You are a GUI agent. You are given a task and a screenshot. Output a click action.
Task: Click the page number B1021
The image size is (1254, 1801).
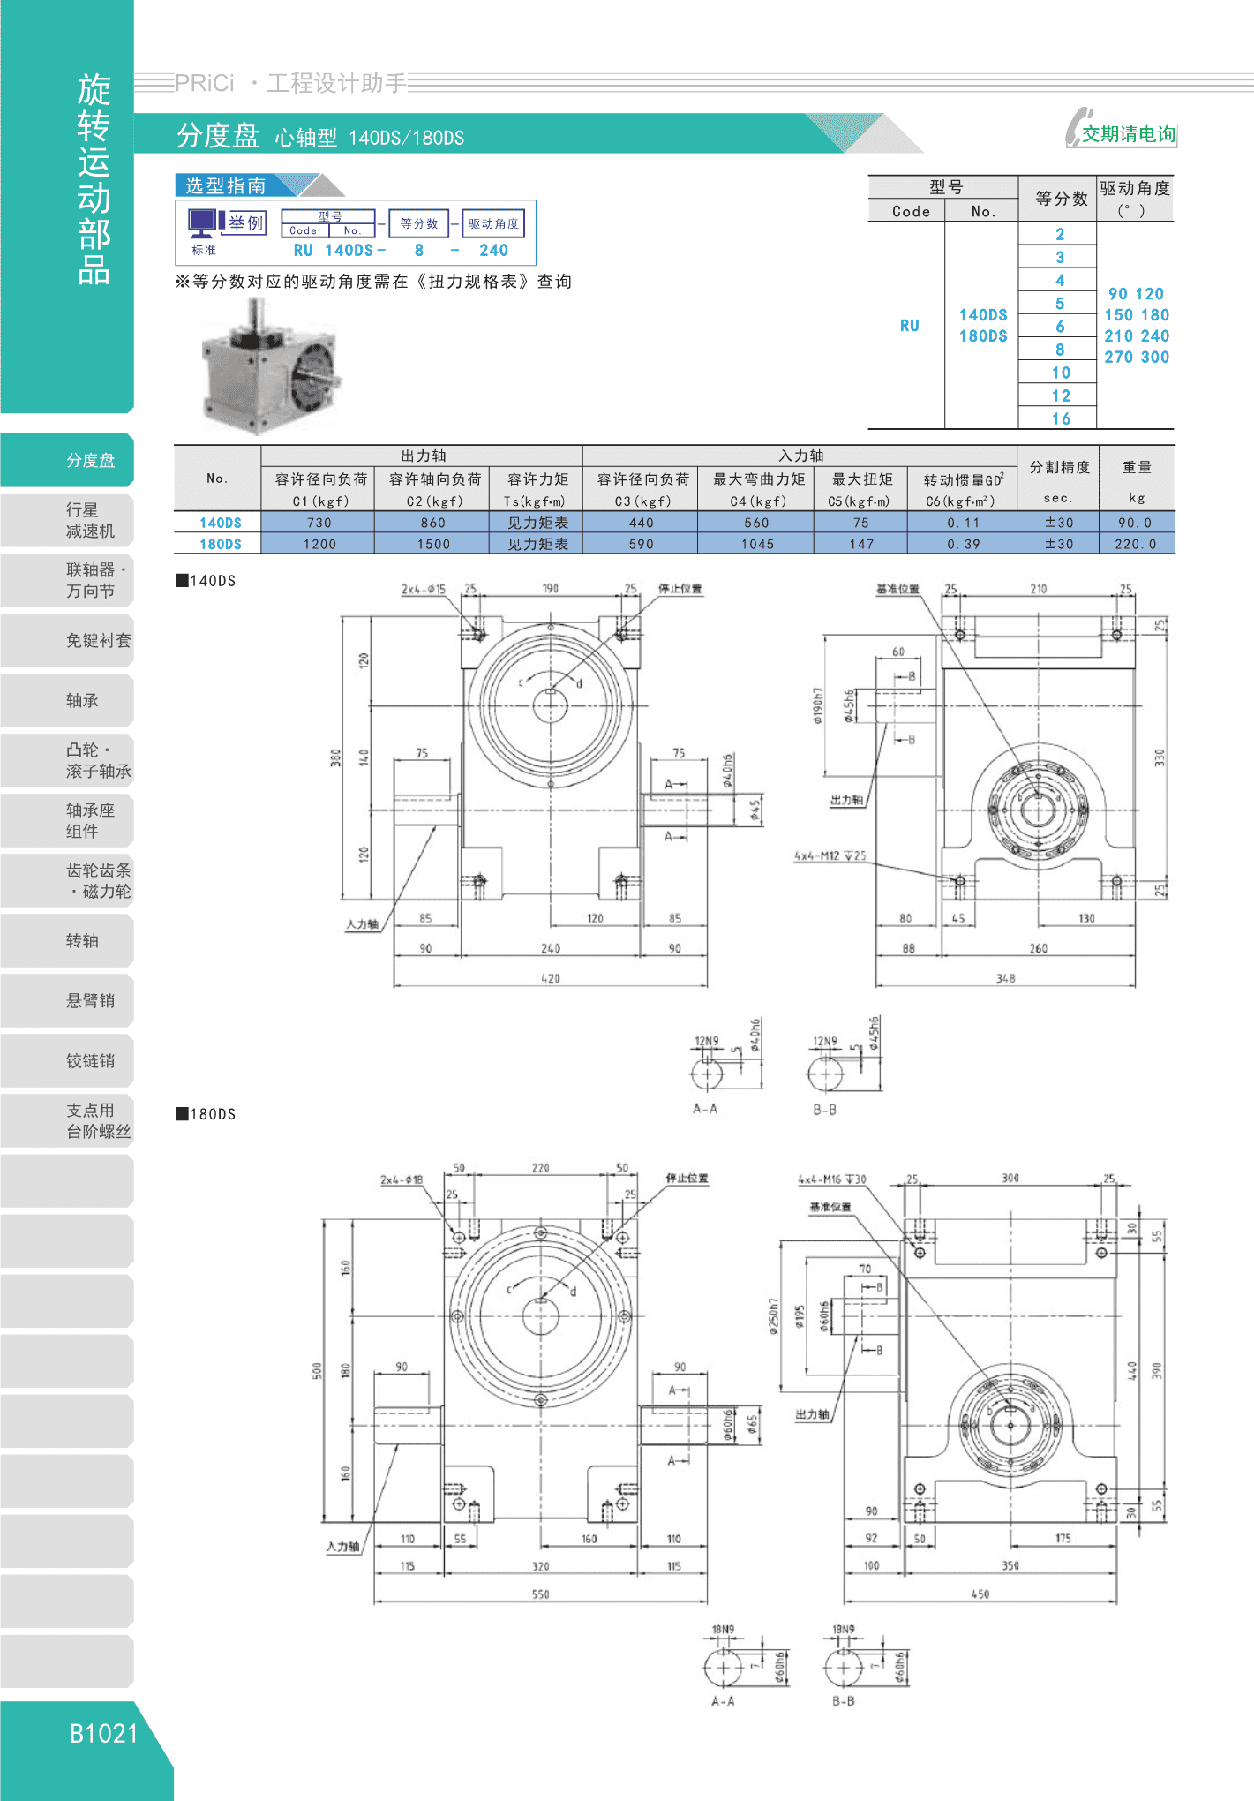coord(104,1733)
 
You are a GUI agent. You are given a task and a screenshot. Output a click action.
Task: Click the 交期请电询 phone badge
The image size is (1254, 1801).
coord(1121,128)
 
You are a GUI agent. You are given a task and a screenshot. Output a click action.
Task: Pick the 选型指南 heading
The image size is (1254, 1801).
coord(226,185)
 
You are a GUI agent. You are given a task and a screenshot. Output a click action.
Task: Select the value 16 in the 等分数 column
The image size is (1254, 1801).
coord(1061,419)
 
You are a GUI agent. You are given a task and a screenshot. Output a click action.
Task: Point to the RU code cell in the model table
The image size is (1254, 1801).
coord(910,326)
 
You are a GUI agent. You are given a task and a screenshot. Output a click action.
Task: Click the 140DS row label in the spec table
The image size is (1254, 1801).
coord(220,523)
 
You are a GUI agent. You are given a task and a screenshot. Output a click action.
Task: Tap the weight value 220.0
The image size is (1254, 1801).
coord(1135,544)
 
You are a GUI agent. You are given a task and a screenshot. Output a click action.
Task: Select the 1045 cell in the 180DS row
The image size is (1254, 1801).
coord(756,544)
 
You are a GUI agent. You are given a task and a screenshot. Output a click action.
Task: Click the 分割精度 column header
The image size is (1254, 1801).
coord(1059,467)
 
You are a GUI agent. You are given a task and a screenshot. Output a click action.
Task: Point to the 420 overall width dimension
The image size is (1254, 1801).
coord(550,978)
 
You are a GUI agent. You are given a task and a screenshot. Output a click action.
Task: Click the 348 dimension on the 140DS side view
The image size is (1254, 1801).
coord(1005,978)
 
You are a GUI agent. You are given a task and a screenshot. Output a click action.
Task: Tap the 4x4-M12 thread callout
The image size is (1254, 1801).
coord(830,855)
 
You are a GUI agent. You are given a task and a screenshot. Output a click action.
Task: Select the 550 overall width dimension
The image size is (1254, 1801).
coord(540,1594)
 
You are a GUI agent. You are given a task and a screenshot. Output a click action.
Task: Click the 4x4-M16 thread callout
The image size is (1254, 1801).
coord(832,1179)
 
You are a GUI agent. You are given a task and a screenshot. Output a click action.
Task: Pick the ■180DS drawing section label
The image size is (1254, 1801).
coord(206,1114)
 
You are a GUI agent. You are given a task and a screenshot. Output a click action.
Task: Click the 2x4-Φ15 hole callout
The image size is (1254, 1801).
coord(424,589)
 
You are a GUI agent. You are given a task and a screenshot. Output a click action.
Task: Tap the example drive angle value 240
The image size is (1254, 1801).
coord(493,250)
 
